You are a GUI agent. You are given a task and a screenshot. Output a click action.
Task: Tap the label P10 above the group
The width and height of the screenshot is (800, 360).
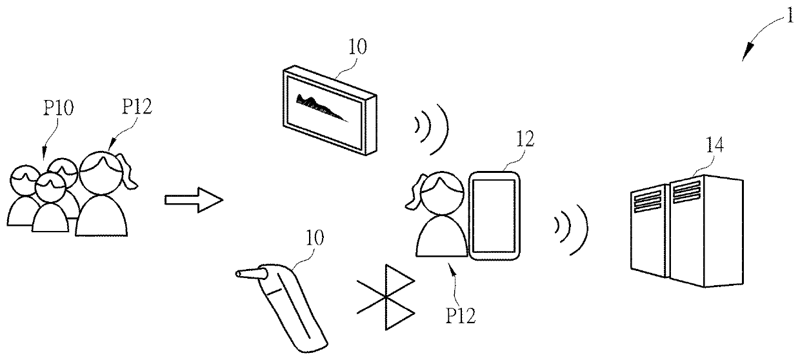(59, 108)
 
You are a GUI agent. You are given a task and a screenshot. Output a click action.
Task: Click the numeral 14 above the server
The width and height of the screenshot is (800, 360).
(714, 146)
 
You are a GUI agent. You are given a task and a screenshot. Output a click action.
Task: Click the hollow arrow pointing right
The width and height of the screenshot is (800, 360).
(194, 199)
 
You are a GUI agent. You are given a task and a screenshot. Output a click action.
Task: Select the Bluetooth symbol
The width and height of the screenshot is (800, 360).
(386, 296)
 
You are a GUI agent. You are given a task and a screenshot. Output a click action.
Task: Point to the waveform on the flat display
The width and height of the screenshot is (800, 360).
(320, 107)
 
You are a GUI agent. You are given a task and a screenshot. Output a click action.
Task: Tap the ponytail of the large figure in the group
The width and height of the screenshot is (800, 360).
(130, 174)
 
